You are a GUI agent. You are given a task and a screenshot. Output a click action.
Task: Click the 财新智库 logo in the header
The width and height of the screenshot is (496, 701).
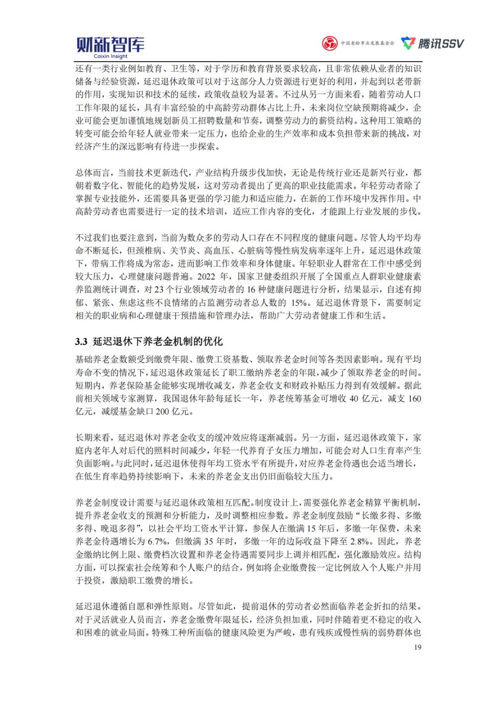(x=110, y=45)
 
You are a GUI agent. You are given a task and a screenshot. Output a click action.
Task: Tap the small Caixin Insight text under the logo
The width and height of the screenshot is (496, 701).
(x=111, y=56)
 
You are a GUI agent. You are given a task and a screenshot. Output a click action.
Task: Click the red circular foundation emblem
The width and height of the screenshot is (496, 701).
(x=329, y=44)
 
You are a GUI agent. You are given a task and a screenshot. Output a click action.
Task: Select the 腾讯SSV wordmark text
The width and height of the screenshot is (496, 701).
(x=440, y=44)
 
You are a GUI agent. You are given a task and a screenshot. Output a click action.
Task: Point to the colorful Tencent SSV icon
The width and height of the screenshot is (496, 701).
(x=408, y=43)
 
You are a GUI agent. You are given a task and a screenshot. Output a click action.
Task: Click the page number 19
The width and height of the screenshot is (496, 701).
(x=417, y=647)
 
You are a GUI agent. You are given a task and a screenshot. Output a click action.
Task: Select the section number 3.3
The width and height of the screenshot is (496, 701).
(x=81, y=342)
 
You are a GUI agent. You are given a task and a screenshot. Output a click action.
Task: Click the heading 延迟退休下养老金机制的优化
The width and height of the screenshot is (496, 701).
(x=158, y=342)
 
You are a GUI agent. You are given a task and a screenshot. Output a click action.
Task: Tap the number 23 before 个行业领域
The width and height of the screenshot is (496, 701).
(x=159, y=290)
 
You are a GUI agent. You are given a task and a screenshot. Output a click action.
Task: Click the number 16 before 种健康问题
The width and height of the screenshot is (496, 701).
(x=251, y=290)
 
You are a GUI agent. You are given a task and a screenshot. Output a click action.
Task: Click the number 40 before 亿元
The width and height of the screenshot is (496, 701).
(x=354, y=399)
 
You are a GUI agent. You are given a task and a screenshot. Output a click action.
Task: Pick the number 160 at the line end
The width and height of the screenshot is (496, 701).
(x=414, y=399)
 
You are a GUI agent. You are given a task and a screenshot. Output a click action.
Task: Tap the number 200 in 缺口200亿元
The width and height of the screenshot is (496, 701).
(x=163, y=412)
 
